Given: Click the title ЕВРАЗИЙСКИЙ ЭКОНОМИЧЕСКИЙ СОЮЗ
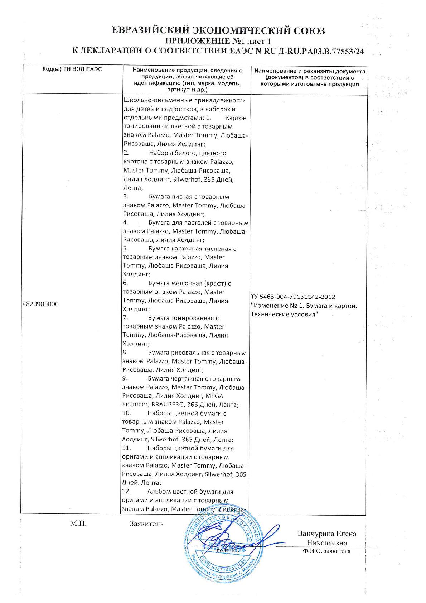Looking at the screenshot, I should pos(218,30).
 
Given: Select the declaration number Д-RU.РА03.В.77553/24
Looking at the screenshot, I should pos(321,51).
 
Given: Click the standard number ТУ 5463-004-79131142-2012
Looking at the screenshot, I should pos(294,297).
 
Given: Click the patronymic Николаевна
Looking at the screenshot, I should pos(327,543).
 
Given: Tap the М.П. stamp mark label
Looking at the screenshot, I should pos(78,524).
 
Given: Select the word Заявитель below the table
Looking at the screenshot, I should pos(147,524).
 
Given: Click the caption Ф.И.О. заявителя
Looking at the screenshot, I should pos(326,551).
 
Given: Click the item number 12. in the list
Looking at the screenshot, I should pos(127,492).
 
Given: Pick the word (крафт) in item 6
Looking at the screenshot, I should pos(216,283).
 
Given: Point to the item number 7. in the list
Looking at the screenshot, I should pos(125,318).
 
